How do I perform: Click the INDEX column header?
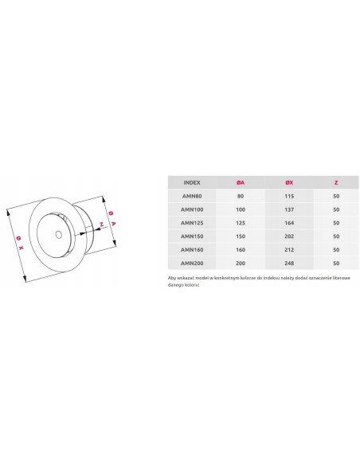191,182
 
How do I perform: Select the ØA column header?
241,182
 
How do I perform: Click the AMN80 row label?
191,196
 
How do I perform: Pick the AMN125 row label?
191,222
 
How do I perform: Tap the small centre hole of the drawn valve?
61,234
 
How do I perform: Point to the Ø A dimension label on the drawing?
113,217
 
